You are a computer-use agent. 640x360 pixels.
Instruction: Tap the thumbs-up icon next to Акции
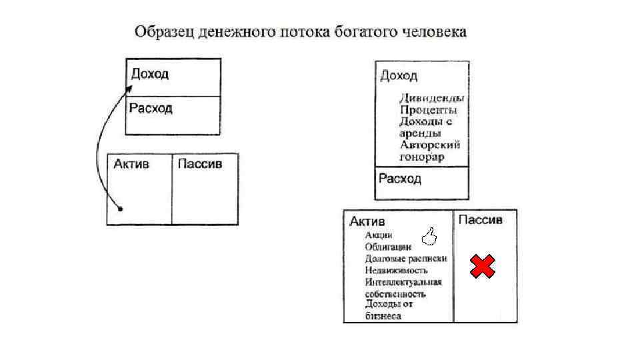(x=430, y=235)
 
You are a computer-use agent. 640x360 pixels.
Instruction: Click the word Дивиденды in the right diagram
(x=431, y=98)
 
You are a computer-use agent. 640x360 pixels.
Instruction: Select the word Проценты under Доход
(x=428, y=110)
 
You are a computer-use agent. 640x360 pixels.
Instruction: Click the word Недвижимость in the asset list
(x=396, y=271)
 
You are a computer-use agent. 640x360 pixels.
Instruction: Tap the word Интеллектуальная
(x=403, y=282)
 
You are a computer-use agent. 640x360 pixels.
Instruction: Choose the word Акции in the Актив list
(x=379, y=235)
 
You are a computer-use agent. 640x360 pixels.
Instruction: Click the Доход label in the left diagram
(x=150, y=73)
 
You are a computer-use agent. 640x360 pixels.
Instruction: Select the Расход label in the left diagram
(x=151, y=108)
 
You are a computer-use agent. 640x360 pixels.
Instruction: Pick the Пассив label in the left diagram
(x=199, y=164)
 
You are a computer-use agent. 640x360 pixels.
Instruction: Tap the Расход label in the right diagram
(x=400, y=179)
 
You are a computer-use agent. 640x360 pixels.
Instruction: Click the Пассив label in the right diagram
(x=481, y=220)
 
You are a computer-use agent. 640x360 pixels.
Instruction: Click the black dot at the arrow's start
(x=120, y=209)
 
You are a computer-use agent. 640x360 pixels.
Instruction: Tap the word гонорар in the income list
(x=422, y=157)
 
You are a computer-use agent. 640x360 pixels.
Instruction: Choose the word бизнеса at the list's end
(x=383, y=316)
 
